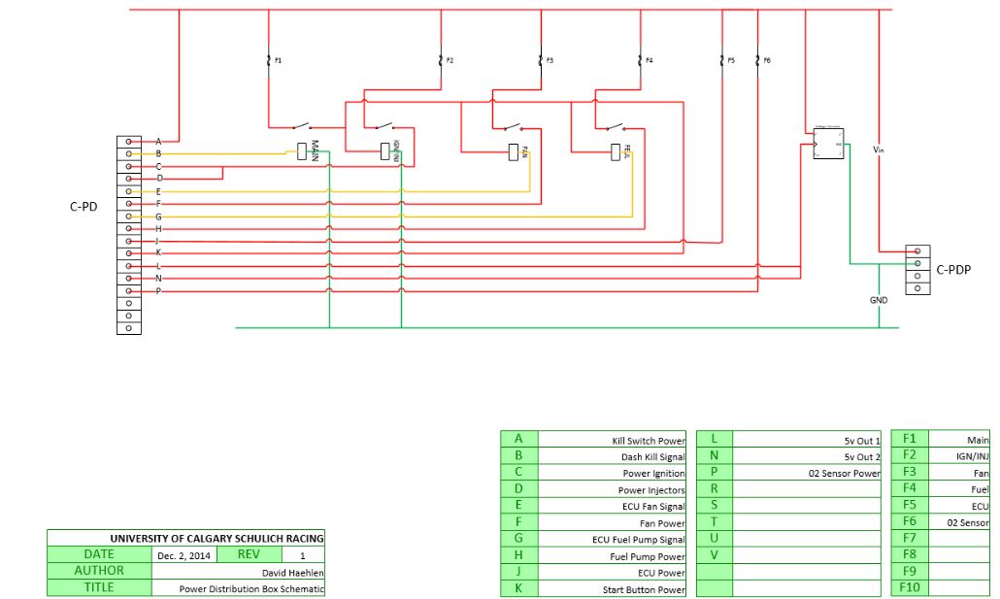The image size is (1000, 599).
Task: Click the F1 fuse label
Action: (x=278, y=60)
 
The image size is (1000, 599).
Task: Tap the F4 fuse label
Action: (x=650, y=60)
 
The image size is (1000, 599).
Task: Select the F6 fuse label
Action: (x=767, y=60)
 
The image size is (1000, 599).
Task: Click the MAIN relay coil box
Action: (x=302, y=150)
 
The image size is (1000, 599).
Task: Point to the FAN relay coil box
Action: (x=513, y=151)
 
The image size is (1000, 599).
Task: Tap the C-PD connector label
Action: (x=83, y=206)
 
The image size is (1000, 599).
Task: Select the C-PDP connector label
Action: (x=953, y=269)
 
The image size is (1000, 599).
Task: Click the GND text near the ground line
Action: (x=879, y=300)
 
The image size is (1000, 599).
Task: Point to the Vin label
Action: (x=878, y=150)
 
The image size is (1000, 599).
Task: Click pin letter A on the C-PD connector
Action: (x=158, y=141)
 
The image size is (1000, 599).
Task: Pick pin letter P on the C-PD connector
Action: (x=158, y=290)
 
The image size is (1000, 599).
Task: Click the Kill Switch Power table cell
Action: (x=612, y=440)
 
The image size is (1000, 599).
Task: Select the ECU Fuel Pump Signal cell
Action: (x=612, y=540)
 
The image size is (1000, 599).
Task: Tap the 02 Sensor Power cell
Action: (x=807, y=473)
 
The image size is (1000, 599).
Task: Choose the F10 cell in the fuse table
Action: (x=910, y=588)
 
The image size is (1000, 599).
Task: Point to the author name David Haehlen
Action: (x=238, y=572)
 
